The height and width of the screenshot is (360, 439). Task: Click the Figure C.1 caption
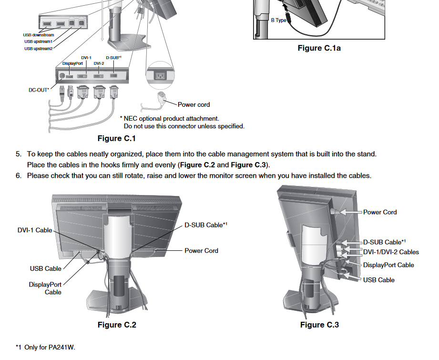(117, 138)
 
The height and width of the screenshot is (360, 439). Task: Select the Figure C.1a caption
(319, 48)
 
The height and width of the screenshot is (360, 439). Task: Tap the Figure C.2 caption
(117, 325)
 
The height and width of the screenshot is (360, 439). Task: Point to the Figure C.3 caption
(319, 325)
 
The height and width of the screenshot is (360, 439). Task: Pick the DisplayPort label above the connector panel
(72, 63)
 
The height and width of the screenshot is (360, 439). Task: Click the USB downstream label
(39, 35)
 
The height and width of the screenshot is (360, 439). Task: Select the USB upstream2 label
(38, 49)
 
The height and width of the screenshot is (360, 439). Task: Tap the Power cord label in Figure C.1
(194, 104)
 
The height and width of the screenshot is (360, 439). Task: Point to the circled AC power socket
(161, 76)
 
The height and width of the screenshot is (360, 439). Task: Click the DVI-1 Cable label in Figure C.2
(35, 230)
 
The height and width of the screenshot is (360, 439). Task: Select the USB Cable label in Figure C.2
(46, 269)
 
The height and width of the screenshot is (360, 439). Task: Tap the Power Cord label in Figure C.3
(380, 212)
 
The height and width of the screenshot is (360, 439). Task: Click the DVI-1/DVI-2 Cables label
(391, 252)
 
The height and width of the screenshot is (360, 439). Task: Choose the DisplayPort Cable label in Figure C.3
(388, 265)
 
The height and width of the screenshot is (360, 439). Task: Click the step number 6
(19, 175)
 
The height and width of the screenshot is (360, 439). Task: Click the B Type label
(278, 21)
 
